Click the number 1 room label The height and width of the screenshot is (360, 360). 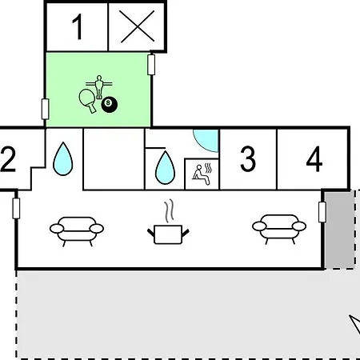(78, 26)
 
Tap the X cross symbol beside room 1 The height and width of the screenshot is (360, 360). (137, 26)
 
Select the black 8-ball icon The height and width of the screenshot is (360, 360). (110, 105)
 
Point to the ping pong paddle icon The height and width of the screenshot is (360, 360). (87, 101)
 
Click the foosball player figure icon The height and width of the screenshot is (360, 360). (99, 87)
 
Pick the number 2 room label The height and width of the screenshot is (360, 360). (8, 159)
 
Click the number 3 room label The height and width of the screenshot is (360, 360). (248, 158)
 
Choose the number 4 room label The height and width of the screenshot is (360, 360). (314, 159)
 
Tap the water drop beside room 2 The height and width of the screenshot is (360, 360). (63, 159)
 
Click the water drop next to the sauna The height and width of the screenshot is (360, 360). (165, 168)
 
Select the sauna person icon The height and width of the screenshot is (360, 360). (202, 174)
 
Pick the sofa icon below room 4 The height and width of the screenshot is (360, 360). (279, 229)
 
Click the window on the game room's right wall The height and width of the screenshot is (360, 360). (151, 65)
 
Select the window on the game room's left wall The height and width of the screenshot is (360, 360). (46, 109)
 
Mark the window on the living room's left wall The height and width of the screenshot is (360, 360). (16, 208)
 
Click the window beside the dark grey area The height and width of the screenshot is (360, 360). (322, 212)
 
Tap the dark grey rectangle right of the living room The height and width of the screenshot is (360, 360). (339, 230)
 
